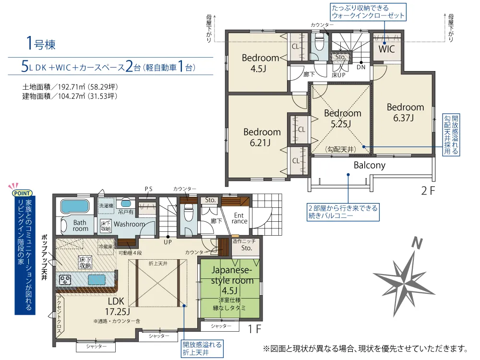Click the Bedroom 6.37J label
pyautogui.click(x=405, y=112)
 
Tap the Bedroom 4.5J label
pyautogui.click(x=260, y=63)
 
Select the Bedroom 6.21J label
pyautogui.click(x=262, y=137)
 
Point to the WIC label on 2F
pyautogui.click(x=386, y=49)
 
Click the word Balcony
pyautogui.click(x=370, y=165)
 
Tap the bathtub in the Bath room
pyautogui.click(x=75, y=206)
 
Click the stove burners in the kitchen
pyautogui.click(x=65, y=280)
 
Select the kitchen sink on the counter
pyautogui.click(x=97, y=279)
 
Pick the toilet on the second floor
pyautogui.click(x=319, y=42)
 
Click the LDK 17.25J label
pyautogui.click(x=118, y=306)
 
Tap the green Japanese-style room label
pyautogui.click(x=231, y=280)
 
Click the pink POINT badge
pyautogui.click(x=22, y=193)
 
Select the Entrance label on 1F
pyautogui.click(x=240, y=218)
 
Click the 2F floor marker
pyautogui.click(x=428, y=191)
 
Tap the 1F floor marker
pyautogui.click(x=254, y=329)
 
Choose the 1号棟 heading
pyautogui.click(x=41, y=43)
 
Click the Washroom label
pyautogui.click(x=129, y=224)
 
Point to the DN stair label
pyautogui.click(x=361, y=67)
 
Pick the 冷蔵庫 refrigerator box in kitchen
pyautogui.click(x=105, y=247)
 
